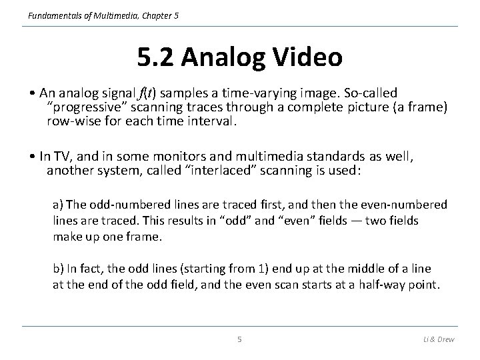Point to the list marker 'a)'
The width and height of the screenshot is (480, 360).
click(x=58, y=205)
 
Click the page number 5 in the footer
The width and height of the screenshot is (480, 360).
click(x=240, y=339)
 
